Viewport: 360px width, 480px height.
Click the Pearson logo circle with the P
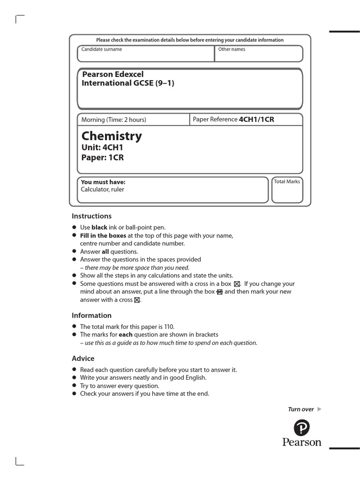[x=302, y=427]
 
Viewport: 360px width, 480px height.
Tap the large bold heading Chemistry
[x=112, y=136]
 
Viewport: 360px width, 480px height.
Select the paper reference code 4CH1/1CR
[x=256, y=119]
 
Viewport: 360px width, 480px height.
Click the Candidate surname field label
[x=102, y=49]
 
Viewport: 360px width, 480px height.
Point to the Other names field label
[x=232, y=49]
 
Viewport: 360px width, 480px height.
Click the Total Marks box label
[x=287, y=181]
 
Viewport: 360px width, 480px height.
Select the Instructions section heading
[x=91, y=216]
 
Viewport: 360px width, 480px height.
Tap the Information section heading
[x=91, y=315]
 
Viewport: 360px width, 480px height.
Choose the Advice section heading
[x=83, y=359]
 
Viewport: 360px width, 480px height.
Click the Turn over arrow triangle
[x=320, y=409]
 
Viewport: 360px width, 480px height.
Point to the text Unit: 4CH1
[x=102, y=148]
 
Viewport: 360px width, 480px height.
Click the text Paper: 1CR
[x=103, y=157]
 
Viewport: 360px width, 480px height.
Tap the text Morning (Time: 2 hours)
[x=114, y=120]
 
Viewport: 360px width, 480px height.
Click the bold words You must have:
[x=103, y=182]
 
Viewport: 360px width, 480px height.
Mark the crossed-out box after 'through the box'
[x=219, y=292]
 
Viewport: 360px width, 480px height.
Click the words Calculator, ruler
[x=103, y=189]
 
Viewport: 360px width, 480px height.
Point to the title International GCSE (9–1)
[x=128, y=83]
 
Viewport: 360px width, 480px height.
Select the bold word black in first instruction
[x=99, y=227]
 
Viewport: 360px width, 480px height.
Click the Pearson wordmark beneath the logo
[x=302, y=442]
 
